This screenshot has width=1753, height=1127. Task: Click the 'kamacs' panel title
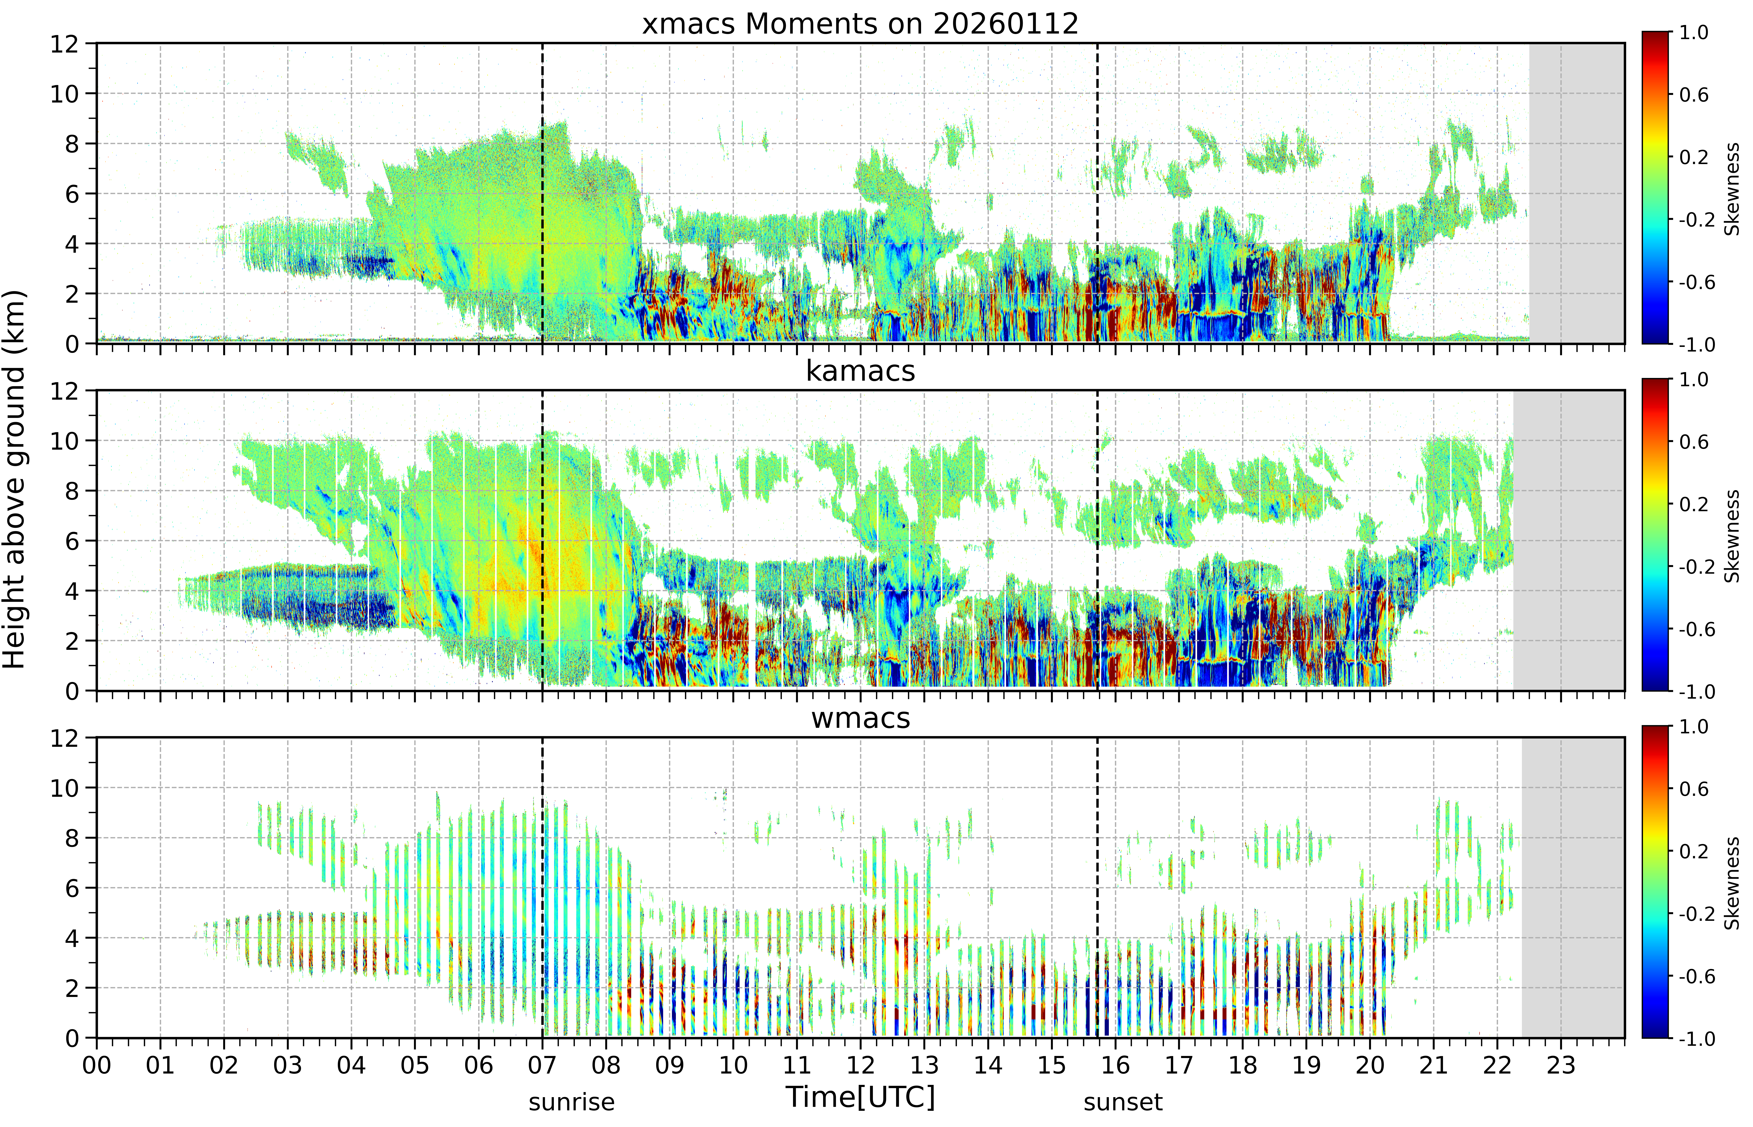pyautogui.click(x=860, y=371)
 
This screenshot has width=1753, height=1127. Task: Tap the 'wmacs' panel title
pyautogui.click(x=860, y=718)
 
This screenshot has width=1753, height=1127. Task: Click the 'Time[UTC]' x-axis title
pyautogui.click(x=860, y=1097)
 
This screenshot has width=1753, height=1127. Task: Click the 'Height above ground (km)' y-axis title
pyautogui.click(x=14, y=479)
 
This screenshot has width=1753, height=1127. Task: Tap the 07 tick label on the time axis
pyautogui.click(x=542, y=1065)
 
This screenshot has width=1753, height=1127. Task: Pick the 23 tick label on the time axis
pyautogui.click(x=1560, y=1065)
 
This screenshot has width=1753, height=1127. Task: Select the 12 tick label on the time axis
pyautogui.click(x=860, y=1065)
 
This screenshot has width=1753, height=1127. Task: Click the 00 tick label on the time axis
pyautogui.click(x=97, y=1065)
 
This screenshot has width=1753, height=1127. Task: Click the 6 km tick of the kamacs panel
pyautogui.click(x=71, y=541)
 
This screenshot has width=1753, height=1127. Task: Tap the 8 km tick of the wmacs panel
pyautogui.click(x=71, y=838)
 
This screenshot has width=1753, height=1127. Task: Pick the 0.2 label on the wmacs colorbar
pyautogui.click(x=1694, y=851)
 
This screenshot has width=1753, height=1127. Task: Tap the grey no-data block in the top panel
pyautogui.click(x=1577, y=193)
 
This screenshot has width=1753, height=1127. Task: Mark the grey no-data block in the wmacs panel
pyautogui.click(x=1573, y=888)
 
